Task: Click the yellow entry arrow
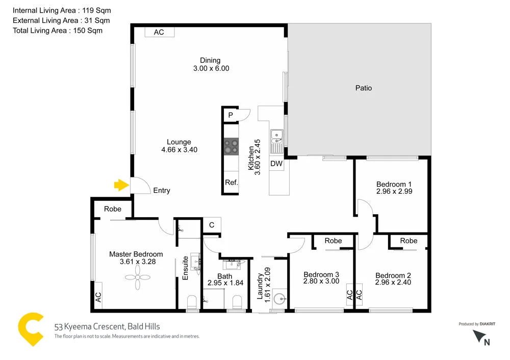120,185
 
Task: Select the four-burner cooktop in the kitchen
231,147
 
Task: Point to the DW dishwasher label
276,164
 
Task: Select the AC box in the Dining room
159,32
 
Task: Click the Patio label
364,88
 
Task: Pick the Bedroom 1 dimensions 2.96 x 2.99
394,192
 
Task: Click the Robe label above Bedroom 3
333,241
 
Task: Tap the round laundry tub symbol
277,298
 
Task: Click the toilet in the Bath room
237,302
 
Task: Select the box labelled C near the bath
211,224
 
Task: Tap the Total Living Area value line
58,31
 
